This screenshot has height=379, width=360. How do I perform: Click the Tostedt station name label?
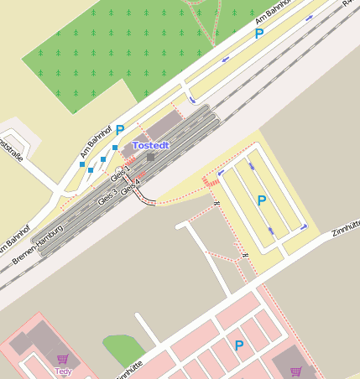pyautogui.click(x=151, y=145)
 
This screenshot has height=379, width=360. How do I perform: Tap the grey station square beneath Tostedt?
pyautogui.click(x=150, y=156)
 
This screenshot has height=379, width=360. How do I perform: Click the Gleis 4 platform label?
pyautogui.click(x=129, y=187)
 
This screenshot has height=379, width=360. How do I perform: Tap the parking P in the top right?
pyautogui.click(x=259, y=34)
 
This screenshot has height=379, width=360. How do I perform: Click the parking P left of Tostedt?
pyautogui.click(x=120, y=130)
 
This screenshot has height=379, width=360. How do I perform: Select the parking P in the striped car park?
pyautogui.click(x=262, y=200)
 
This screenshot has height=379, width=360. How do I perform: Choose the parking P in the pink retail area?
pyautogui.click(x=239, y=345)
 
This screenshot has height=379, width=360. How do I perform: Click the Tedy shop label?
pyautogui.click(x=63, y=370)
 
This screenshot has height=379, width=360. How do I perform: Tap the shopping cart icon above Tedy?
pyautogui.click(x=62, y=359)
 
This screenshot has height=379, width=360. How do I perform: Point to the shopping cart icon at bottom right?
pyautogui.click(x=295, y=371)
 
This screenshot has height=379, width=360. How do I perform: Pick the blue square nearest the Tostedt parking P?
pyautogui.click(x=115, y=148)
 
